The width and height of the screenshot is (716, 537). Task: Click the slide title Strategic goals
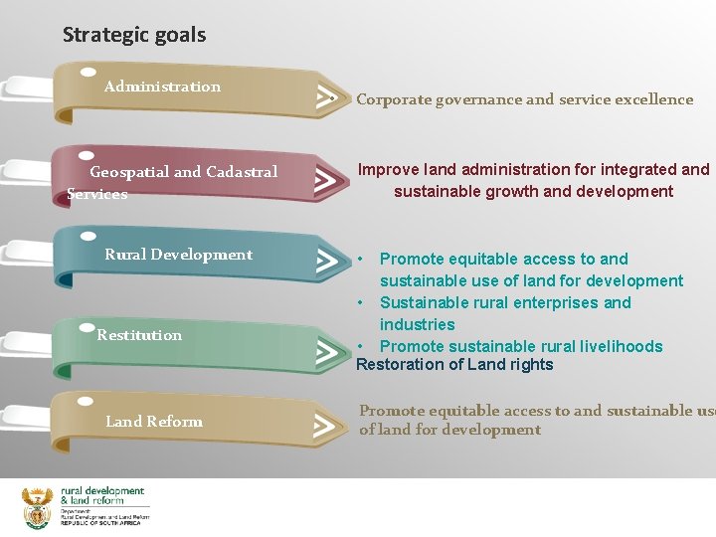click(x=134, y=35)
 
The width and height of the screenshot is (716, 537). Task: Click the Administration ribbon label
click(x=162, y=87)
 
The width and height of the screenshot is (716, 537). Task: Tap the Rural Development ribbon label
click(x=178, y=255)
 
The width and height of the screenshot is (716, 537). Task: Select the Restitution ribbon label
click(x=139, y=335)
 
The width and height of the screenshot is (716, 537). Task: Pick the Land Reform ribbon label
click(x=153, y=422)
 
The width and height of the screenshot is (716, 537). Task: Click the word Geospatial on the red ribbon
click(x=129, y=172)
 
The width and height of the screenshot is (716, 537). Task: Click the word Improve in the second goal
click(x=388, y=170)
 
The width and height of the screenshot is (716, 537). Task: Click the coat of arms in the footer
click(x=38, y=506)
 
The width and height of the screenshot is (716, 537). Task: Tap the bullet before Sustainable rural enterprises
click(x=363, y=302)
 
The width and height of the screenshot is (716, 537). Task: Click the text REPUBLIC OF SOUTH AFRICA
click(x=100, y=523)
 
